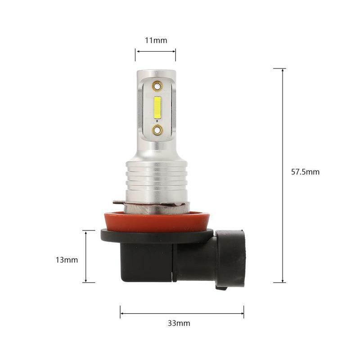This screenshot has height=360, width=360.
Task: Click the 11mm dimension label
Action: point(156,40)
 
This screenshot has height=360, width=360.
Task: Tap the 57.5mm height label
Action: point(305,171)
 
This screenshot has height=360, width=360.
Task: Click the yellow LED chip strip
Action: point(157,107)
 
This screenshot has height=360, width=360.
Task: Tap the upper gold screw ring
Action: point(157,85)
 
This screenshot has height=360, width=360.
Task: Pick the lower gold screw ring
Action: point(157,130)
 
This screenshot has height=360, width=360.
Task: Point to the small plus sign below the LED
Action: point(157,121)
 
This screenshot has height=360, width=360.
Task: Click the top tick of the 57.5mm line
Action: point(279,69)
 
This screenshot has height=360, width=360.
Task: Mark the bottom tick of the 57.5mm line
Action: point(279,283)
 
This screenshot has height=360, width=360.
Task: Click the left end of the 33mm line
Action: point(120,311)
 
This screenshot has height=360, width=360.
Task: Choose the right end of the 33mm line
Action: point(243,311)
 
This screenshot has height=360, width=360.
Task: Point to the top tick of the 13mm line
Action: point(89,230)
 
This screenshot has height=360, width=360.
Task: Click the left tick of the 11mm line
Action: point(135,51)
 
